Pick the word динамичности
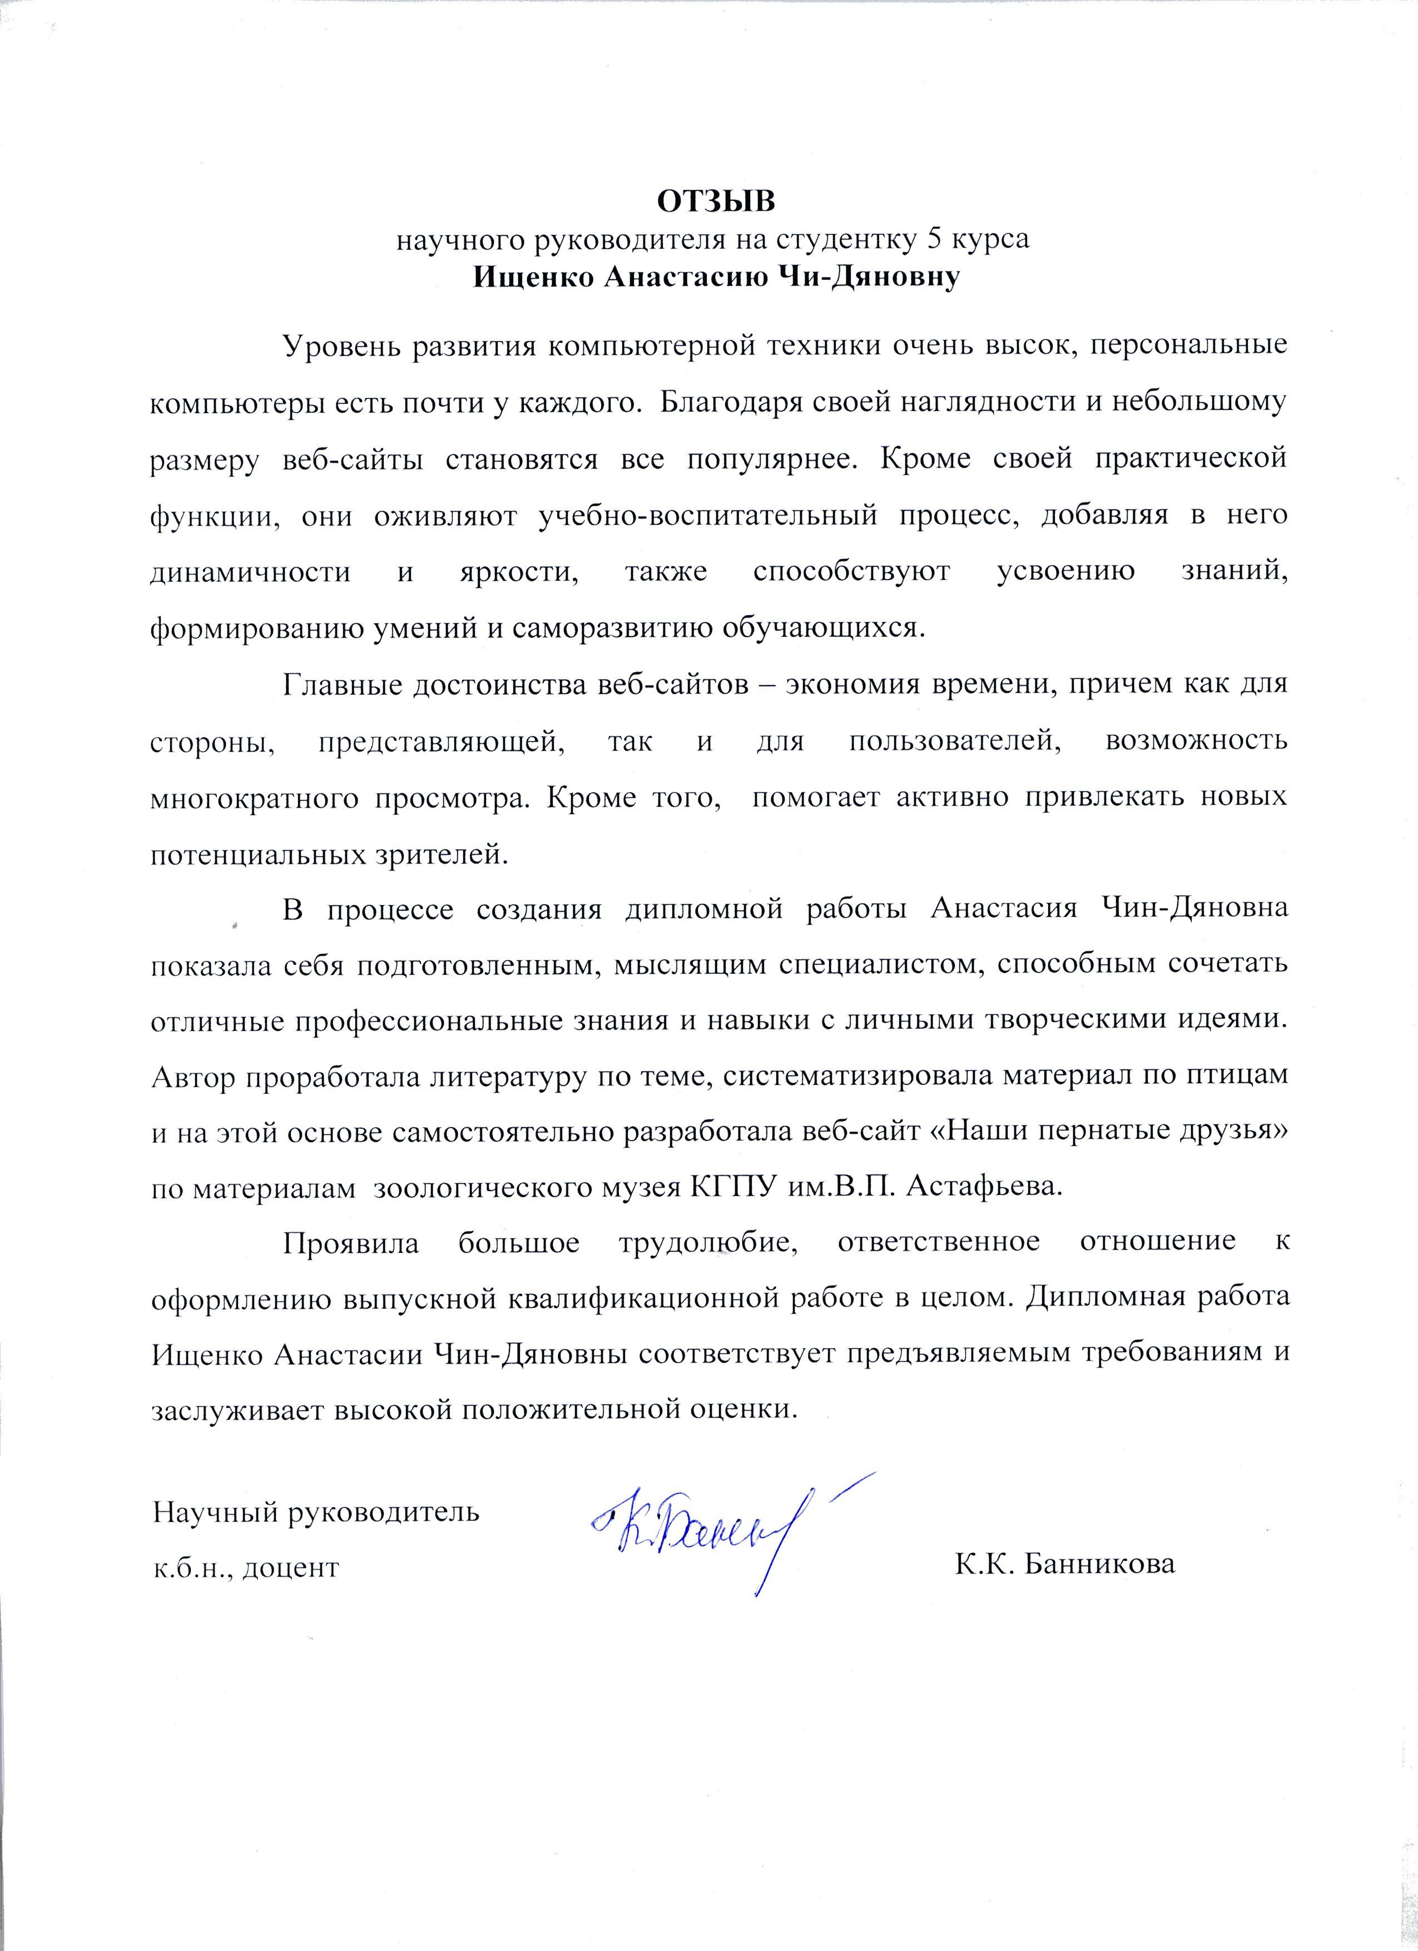click(x=250, y=572)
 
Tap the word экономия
click(x=843, y=685)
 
